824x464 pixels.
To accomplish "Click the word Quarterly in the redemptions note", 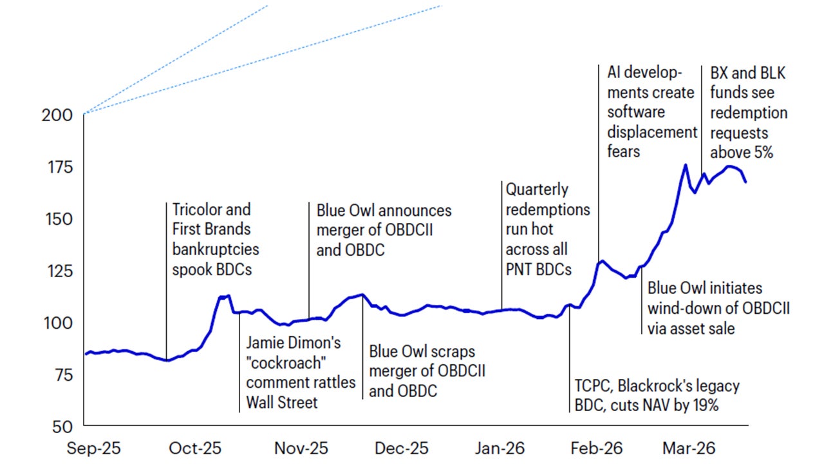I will click(x=537, y=190).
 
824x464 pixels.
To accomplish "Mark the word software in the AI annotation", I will click(x=636, y=112).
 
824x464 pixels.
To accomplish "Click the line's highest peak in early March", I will click(x=685, y=165).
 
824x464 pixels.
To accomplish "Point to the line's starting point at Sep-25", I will click(x=86, y=353).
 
